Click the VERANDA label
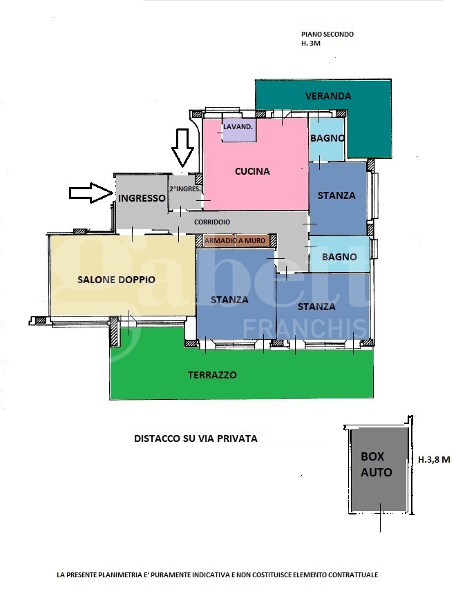point(328,96)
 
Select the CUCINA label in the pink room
point(252,171)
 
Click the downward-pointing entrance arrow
point(182,148)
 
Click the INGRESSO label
point(142,198)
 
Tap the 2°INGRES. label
point(185,189)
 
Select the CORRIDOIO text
point(212,222)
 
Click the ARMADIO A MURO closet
point(235,240)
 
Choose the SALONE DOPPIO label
point(116,280)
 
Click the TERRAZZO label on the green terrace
point(212,375)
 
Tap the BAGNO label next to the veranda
point(327,138)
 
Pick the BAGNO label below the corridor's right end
point(339,257)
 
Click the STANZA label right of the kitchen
point(336,195)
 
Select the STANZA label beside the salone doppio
point(229,300)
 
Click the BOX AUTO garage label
point(377,465)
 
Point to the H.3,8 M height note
point(434,460)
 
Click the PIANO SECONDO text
point(327,34)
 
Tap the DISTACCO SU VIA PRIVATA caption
point(196,438)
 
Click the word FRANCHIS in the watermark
point(305,328)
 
